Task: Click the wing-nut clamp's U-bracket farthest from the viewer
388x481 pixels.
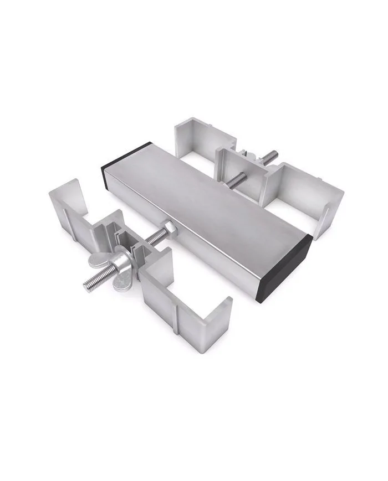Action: point(69,205)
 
